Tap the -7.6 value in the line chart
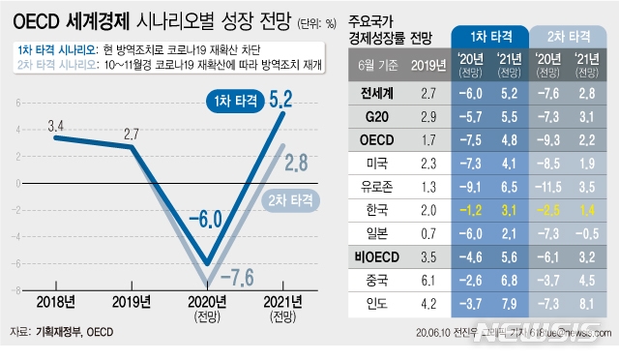(231, 279)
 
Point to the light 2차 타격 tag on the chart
(290, 201)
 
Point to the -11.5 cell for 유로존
(549, 186)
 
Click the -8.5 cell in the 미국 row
(549, 163)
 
